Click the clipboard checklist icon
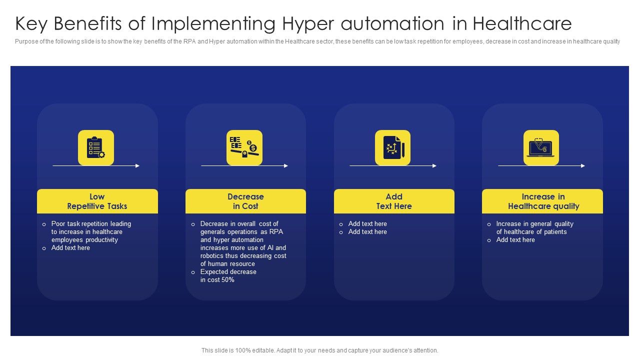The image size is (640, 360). pos(95,147)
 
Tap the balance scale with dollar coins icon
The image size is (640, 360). pos(244,147)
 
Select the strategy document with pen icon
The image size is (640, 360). pos(392,147)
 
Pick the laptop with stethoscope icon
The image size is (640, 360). pos(541,147)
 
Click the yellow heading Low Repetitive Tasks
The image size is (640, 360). pos(97,201)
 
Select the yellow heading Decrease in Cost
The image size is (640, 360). pos(245,201)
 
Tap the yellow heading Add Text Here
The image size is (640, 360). pos(394,201)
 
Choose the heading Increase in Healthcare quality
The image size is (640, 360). pos(543,201)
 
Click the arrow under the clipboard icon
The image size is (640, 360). pos(95,165)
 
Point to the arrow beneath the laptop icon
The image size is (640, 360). pos(541,165)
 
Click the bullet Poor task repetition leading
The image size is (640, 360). pos(91,224)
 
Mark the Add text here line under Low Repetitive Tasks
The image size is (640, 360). pos(70,248)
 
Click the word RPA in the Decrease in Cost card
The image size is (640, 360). pos(276,232)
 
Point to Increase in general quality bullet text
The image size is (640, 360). pos(534,224)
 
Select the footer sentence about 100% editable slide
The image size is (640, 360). pos(319,350)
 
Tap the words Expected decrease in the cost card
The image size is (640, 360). pos(228,272)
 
